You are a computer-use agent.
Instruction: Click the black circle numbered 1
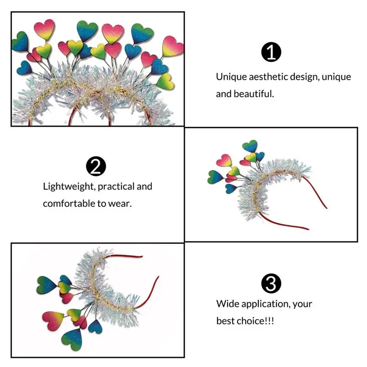pyautogui.click(x=271, y=52)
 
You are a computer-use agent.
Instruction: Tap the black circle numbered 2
pyautogui.click(x=96, y=166)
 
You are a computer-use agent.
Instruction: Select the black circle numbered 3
pyautogui.click(x=271, y=283)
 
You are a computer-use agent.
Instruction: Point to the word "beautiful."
pyautogui.click(x=254, y=94)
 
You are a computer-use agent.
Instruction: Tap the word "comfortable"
pyautogui.click(x=69, y=204)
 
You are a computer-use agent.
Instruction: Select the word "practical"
pyautogui.click(x=116, y=187)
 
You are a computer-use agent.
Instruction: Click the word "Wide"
pyautogui.click(x=228, y=304)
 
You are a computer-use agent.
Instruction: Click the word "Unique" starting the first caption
pyautogui.click(x=231, y=77)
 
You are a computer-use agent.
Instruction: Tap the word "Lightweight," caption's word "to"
pyautogui.click(x=101, y=204)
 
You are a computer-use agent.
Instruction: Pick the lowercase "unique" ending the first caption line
pyautogui.click(x=337, y=77)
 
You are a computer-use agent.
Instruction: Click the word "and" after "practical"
pyautogui.click(x=145, y=187)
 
